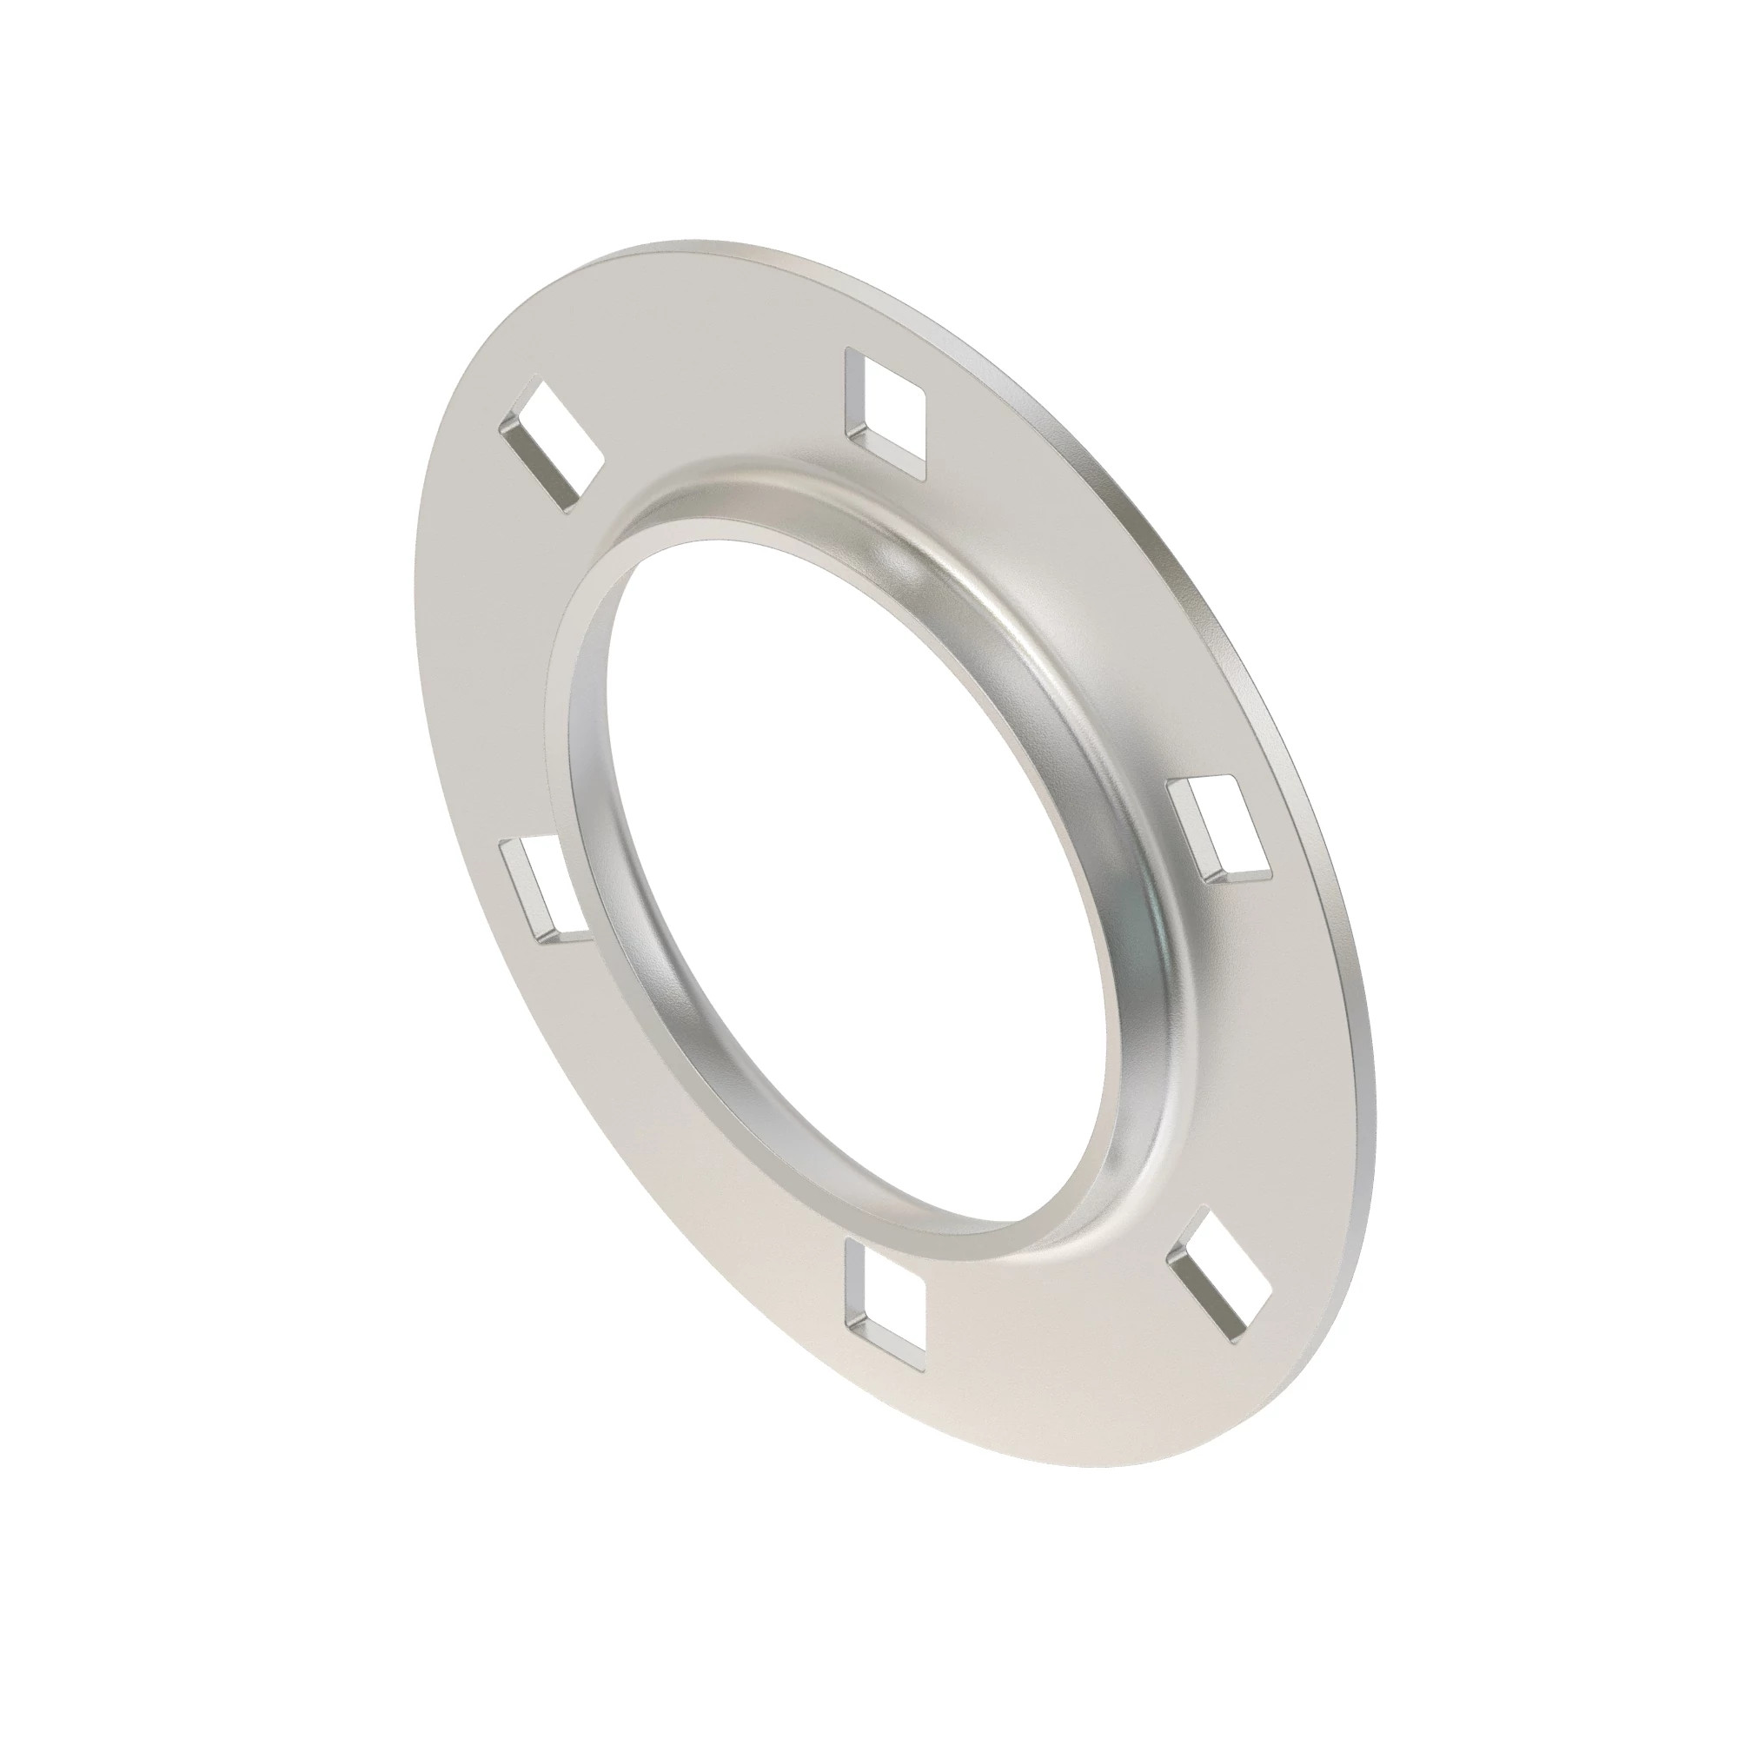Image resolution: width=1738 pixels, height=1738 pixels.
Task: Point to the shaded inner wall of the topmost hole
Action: pyautogui.click(x=854, y=395)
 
